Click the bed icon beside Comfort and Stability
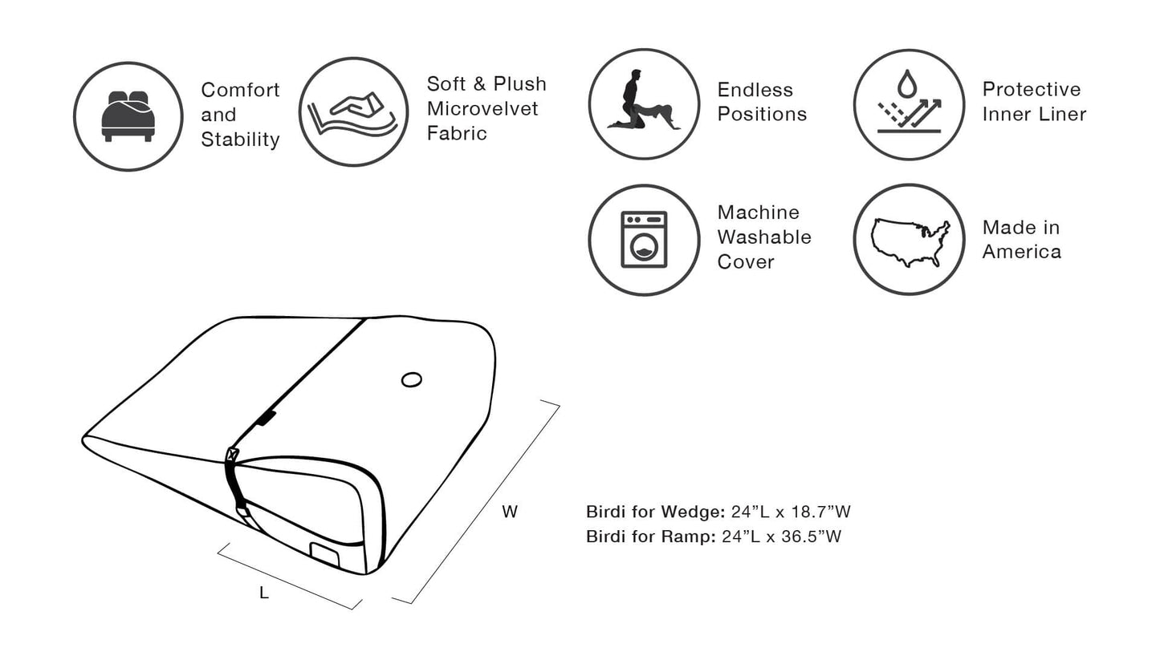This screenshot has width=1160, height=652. pos(128,116)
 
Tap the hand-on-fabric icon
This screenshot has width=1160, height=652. pos(353,112)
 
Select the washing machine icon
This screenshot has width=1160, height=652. pos(644,240)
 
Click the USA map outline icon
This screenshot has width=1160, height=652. pos(910,241)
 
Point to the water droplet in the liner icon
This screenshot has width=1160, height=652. pos(907,83)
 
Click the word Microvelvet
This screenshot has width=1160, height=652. pos(482,108)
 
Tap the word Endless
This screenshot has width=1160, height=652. pos(755,90)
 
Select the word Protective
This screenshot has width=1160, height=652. pos(1032,89)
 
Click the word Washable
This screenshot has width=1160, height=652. pos(764,237)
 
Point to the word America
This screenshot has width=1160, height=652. pos(1021,252)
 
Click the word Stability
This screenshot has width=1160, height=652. pos(240,140)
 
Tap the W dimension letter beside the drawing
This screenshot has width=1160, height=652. pos(510,512)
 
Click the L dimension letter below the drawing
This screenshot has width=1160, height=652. pos(263,593)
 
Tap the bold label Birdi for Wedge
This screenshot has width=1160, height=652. pos(655,512)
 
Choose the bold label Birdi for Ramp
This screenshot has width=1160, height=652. pos(650,537)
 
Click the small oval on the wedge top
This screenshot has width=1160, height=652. pos(412,379)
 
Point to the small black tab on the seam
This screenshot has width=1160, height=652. pos(267,418)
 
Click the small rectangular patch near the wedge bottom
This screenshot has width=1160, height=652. pos(325,553)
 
